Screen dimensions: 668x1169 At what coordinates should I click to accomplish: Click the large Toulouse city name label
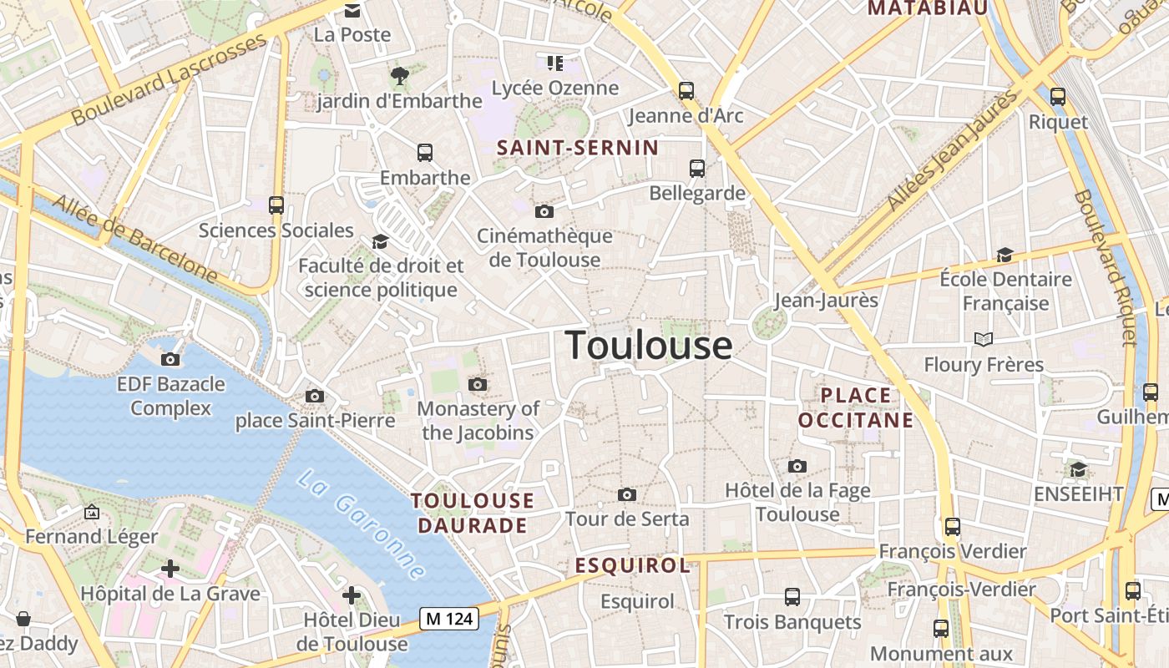[x=649, y=345]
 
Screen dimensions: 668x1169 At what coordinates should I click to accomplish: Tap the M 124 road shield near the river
[x=449, y=619]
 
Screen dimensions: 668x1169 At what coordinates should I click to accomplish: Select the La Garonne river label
[x=362, y=524]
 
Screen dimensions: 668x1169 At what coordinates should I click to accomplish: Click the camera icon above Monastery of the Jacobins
[x=478, y=384]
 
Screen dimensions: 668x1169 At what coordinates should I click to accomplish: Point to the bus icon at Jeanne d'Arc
[x=686, y=91]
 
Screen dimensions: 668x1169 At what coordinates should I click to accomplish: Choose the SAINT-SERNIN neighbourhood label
[x=578, y=148]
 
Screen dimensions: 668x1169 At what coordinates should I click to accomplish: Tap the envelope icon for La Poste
[x=352, y=11]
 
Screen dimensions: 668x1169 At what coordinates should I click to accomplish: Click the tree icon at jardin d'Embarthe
[x=399, y=76]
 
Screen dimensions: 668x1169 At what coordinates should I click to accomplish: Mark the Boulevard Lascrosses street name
[x=169, y=81]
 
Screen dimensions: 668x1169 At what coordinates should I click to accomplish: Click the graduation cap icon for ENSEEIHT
[x=1079, y=469]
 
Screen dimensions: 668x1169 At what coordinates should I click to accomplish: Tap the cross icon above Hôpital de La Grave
[x=170, y=569]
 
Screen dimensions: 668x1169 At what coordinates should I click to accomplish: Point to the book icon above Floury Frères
[x=984, y=339]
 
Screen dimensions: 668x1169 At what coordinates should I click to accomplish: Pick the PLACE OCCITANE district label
[x=856, y=407]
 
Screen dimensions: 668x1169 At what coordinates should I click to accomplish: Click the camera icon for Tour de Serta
[x=627, y=495]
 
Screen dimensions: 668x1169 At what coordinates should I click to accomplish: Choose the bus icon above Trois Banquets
[x=792, y=597]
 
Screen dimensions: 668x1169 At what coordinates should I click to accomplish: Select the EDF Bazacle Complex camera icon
[x=170, y=360]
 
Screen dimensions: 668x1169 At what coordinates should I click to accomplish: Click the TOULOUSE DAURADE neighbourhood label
[x=473, y=513]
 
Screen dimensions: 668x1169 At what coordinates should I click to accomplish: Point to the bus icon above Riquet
[x=1058, y=97]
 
